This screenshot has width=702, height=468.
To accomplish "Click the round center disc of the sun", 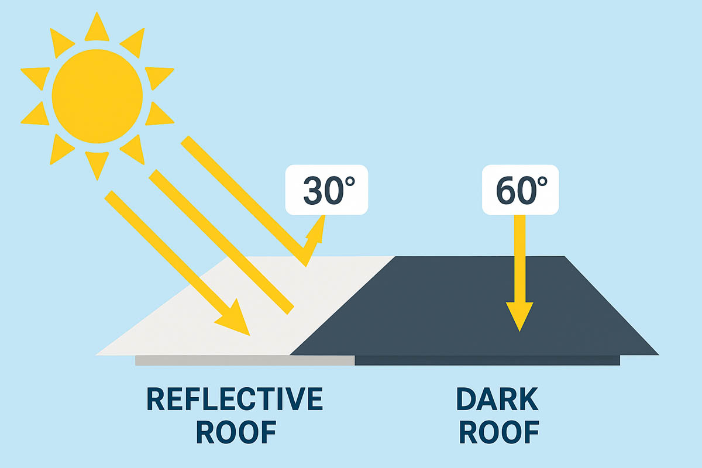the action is pos(97,97).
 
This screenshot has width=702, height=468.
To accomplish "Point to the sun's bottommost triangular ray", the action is pos(97,164).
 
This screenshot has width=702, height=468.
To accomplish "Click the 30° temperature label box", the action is pos(326,190).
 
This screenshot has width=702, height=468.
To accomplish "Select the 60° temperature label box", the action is pos(520,190).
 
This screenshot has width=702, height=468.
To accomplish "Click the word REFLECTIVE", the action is pos(235,399).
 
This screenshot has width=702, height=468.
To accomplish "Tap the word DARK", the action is pos(497,399).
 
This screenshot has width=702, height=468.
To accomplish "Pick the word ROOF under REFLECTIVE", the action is pos(236,432).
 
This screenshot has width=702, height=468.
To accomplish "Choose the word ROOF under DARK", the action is pos(499,432).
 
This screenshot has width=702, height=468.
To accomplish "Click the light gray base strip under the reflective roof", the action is pos(245,360).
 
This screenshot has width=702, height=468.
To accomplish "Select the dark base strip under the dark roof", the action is pos(487,360).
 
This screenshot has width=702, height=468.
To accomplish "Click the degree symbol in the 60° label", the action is pos(542,182).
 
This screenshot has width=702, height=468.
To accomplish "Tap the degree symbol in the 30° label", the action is pos(349,182).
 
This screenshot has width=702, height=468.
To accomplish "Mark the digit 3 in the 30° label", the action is pos(314,190).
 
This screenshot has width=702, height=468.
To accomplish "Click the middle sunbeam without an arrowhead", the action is pos(221,242).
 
